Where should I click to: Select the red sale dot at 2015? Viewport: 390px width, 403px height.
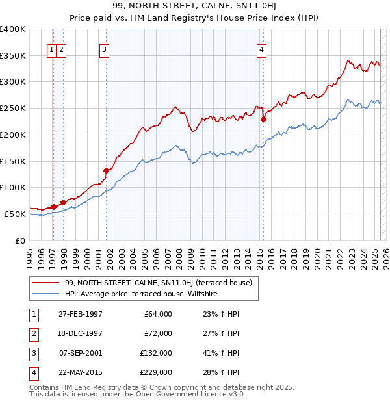coord(263,119)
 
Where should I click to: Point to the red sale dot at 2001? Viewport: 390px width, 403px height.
coord(106,170)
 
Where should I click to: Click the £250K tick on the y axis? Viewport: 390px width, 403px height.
coord(13,108)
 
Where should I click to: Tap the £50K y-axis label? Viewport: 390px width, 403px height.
coord(15,214)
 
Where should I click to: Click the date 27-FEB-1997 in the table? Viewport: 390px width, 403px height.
coord(80,314)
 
